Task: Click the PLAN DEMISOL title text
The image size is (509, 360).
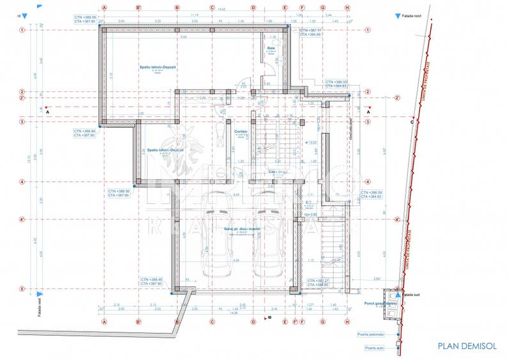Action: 467,346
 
